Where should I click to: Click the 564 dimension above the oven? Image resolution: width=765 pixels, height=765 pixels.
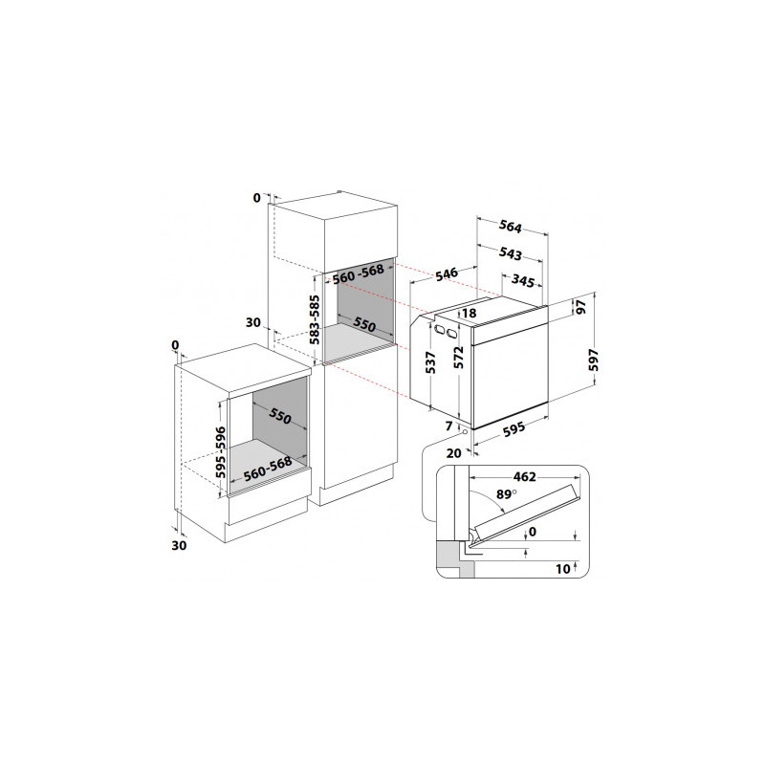coord(511,227)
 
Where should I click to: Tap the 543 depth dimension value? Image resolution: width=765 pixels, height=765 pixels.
coord(511,253)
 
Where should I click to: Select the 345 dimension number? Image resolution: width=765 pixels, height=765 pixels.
coord(523,280)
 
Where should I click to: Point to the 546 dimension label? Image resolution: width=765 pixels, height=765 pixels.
coord(447,274)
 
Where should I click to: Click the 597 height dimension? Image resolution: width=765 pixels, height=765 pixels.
coord(593,360)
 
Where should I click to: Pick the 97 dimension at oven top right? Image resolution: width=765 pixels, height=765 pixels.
coord(581,307)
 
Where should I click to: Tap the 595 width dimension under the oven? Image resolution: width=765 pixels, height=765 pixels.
coord(514,428)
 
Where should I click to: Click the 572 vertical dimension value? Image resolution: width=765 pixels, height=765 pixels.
coord(459,357)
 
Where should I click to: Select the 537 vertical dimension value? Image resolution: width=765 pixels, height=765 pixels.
coord(430,362)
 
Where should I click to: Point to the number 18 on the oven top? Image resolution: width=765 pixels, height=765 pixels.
coord(469,313)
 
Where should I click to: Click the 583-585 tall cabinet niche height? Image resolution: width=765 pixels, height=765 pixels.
coord(316,319)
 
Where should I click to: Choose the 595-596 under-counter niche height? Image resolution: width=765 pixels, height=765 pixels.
coord(221,452)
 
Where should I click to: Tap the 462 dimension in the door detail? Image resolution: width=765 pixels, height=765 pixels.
coord(524,476)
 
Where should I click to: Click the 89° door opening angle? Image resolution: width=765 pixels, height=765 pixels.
coord(506,494)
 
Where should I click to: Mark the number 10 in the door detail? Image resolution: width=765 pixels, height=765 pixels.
coord(562,569)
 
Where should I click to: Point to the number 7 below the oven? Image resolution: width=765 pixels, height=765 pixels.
coord(449,426)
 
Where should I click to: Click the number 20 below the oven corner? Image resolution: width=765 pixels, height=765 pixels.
coord(453,453)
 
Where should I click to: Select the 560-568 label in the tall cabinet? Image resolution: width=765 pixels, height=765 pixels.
coord(358,274)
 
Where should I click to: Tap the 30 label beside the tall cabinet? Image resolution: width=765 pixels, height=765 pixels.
coord(253,322)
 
